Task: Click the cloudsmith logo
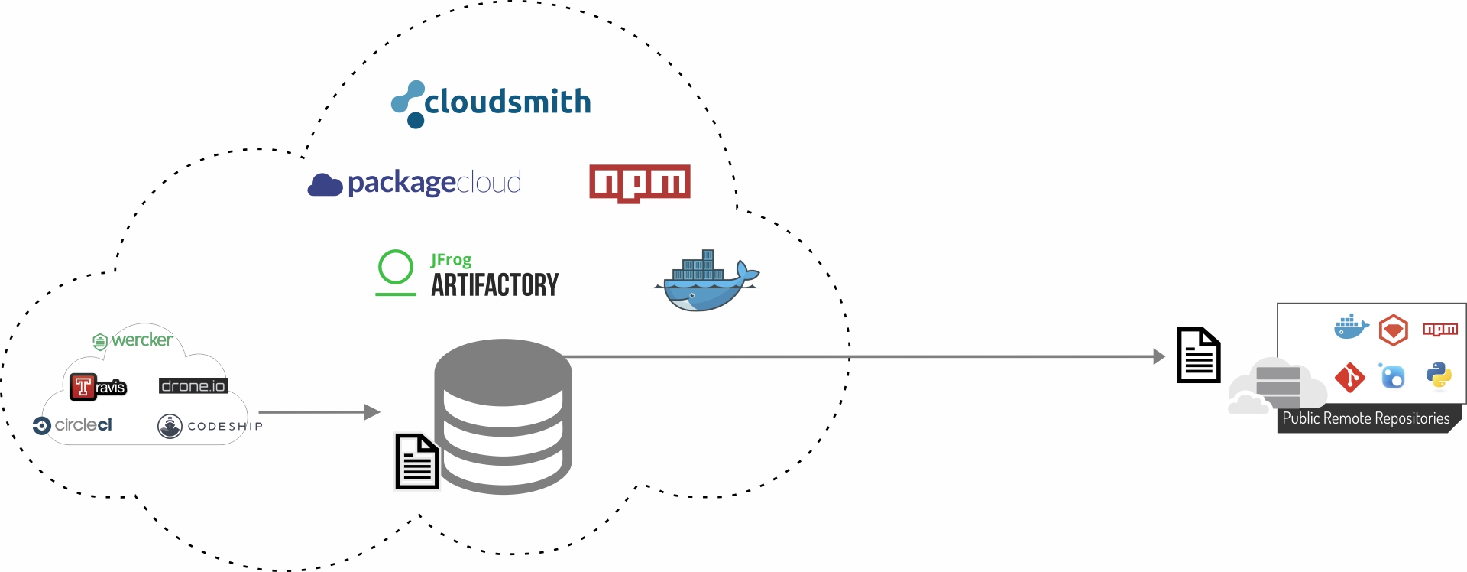[x=491, y=104]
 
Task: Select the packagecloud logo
[x=415, y=184]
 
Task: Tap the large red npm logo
[x=640, y=184]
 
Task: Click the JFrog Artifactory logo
[x=468, y=275]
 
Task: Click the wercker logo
[x=133, y=340]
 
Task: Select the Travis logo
[x=98, y=386]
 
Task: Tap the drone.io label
[x=193, y=386]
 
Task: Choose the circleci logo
[x=73, y=425]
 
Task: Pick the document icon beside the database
[x=417, y=461]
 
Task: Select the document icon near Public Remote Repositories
[x=1198, y=355]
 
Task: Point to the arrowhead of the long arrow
[x=1159, y=356]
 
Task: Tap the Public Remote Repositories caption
[x=1365, y=419]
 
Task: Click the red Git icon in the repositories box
[x=1350, y=377]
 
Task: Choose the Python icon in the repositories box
[x=1439, y=376]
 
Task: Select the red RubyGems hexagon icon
[x=1394, y=330]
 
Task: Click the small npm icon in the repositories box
[x=1439, y=330]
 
